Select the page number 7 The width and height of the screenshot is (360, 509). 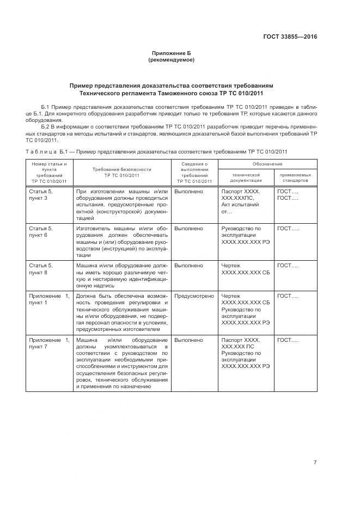(315, 462)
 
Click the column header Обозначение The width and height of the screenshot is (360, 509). (267, 164)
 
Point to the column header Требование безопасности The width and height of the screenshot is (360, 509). (121, 172)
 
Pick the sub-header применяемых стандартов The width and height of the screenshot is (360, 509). (295, 177)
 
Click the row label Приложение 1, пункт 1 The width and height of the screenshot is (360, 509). (49, 298)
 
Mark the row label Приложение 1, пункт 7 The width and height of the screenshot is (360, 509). (49, 343)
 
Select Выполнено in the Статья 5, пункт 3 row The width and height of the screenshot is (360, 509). (189, 192)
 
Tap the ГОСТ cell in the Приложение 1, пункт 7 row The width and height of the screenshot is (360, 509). (288, 340)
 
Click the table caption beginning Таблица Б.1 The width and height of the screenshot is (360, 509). (156, 151)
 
